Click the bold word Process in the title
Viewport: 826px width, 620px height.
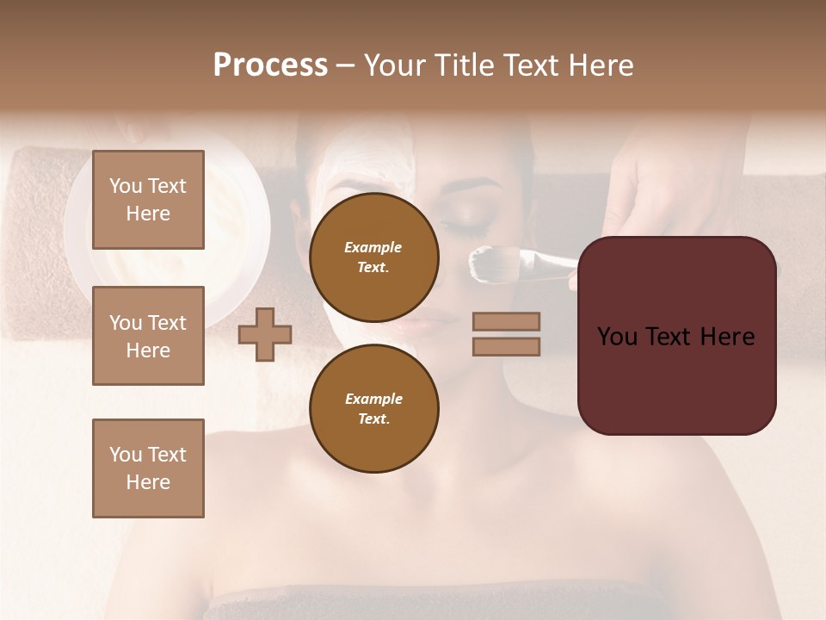coord(270,65)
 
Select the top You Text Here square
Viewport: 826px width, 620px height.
coord(148,200)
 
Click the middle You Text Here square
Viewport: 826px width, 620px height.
coord(148,336)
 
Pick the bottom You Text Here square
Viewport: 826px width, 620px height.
coord(148,468)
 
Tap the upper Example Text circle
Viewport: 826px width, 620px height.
coord(373,257)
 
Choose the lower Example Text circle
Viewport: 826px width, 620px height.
coord(373,408)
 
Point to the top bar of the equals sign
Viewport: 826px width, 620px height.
coord(506,321)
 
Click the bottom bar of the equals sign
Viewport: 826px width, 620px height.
coord(506,346)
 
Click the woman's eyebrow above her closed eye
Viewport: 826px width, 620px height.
coord(478,186)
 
